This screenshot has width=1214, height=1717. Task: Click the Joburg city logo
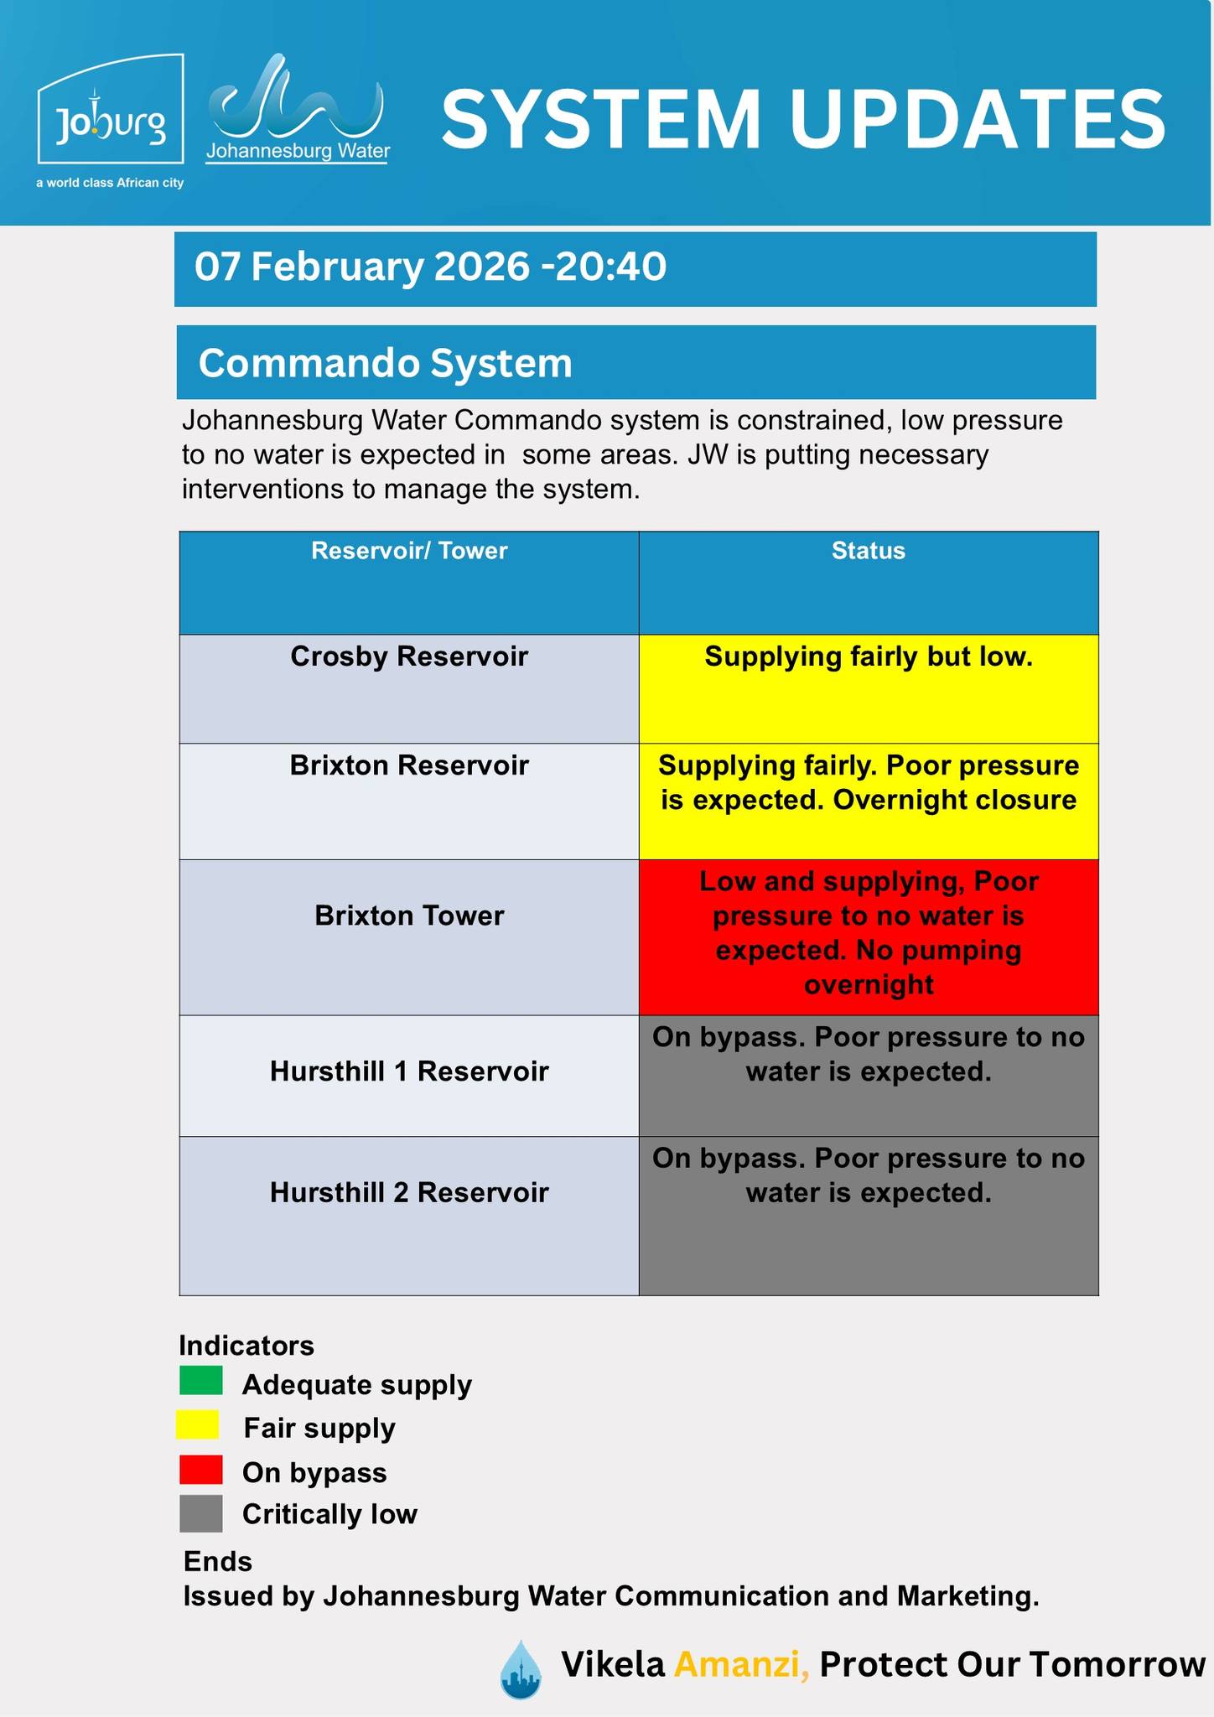pos(110,110)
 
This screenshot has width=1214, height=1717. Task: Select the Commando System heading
pos(385,364)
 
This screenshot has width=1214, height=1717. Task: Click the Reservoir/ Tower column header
pos(409,551)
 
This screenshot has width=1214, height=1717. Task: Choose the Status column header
pos(868,551)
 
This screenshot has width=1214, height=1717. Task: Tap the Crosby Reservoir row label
pos(409,656)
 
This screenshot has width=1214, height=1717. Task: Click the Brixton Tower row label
pos(409,916)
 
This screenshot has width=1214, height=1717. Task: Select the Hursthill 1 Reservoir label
pos(409,1071)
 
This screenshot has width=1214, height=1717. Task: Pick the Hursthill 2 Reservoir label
pos(409,1192)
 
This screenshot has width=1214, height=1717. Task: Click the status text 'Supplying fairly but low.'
pos(868,656)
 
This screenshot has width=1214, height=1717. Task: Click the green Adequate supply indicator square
pos(200,1381)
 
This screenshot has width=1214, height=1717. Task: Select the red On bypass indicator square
pos(200,1470)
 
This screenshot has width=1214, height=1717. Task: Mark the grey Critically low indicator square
pos(200,1513)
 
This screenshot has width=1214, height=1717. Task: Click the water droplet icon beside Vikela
pos(521,1669)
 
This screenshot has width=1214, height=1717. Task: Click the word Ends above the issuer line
pos(218,1562)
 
